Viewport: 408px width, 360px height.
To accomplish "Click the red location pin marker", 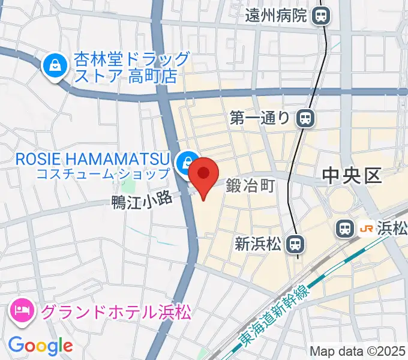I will [x=203, y=175].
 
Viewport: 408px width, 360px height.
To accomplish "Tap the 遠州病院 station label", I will [x=275, y=16].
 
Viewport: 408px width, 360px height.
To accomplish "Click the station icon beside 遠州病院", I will [x=322, y=16].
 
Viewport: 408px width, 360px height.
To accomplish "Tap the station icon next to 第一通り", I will [x=305, y=118].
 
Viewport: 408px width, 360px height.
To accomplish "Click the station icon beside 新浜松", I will [x=294, y=244].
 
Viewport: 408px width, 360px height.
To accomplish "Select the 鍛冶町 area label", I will [x=250, y=187].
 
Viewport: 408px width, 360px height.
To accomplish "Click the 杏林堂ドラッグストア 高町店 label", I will [x=132, y=67].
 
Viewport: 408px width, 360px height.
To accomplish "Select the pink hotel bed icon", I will [x=22, y=311].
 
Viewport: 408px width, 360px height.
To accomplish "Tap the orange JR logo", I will [x=365, y=229].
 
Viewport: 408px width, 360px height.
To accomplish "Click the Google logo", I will [x=40, y=345].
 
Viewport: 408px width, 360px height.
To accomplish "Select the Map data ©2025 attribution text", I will [x=358, y=351].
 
